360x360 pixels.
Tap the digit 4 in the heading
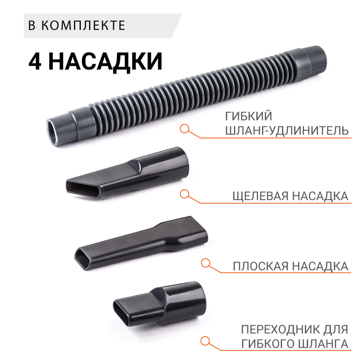pos(35,61)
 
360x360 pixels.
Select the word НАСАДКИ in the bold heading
pos(105,61)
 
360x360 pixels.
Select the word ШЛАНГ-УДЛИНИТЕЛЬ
pos(286,131)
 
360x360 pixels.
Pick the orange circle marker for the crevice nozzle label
pos(184,194)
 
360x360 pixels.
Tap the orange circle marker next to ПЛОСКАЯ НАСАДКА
pos(205,263)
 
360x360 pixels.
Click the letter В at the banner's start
pos(32,25)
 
